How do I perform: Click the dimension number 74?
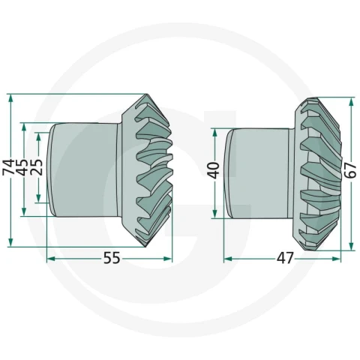coord(7,167)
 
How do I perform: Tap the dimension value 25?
coord(36,166)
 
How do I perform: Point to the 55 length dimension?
coord(112,258)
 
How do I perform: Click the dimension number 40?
coord(214,170)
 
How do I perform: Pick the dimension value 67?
coord(350,170)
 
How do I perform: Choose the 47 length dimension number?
coord(285,258)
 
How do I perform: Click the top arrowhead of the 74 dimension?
coord(10,98)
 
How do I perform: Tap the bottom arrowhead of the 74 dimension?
coord(10,242)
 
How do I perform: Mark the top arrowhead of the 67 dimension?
coord(351,102)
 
